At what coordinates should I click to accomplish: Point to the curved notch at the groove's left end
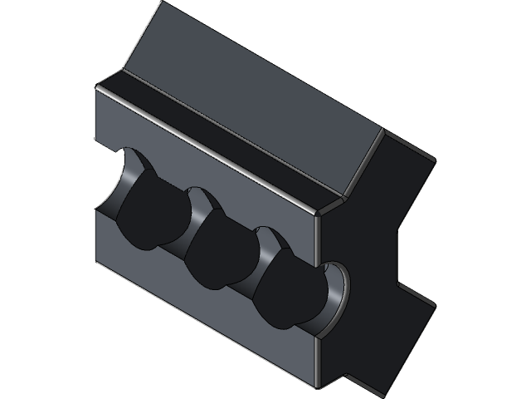click(116, 179)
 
